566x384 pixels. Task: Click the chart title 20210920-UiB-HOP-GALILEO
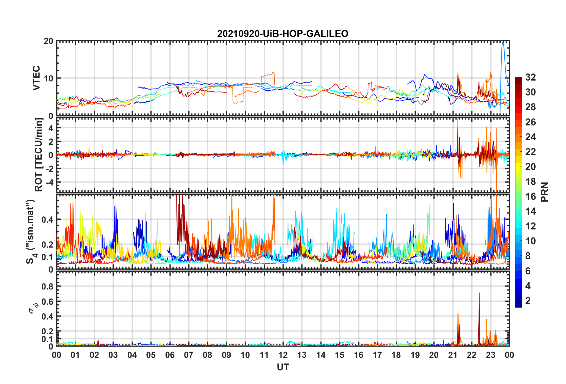[x=282, y=34]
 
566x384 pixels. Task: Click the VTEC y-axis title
[x=36, y=78]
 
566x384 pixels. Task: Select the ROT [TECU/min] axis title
[x=39, y=155]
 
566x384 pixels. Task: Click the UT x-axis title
[x=283, y=367]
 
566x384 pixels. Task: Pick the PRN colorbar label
[x=545, y=192]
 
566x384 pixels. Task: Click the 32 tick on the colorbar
[x=530, y=77]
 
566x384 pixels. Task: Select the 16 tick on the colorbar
[x=530, y=196]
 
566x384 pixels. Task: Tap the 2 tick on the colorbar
[x=528, y=301]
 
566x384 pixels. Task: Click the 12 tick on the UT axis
[x=283, y=355]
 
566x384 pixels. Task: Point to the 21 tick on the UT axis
[x=453, y=355]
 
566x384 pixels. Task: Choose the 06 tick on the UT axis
[x=170, y=355]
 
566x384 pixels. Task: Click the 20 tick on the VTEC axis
[x=48, y=41]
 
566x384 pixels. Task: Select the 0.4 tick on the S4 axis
[x=47, y=220]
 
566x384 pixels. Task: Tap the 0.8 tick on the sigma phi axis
[x=47, y=287]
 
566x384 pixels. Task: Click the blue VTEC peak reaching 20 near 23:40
[x=503, y=43]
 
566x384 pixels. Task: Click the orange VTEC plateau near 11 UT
[x=268, y=74]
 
